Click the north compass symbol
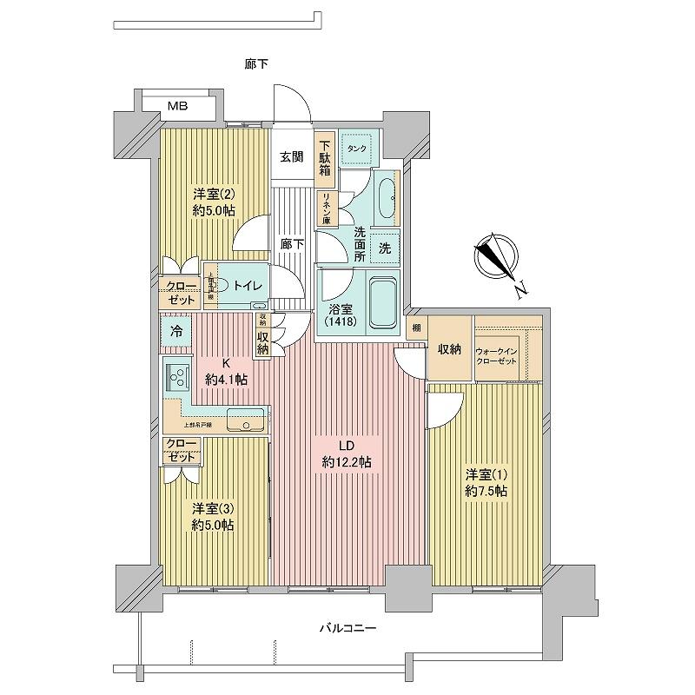coord(496,256)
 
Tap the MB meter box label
coord(177,107)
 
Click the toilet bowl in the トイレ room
coord(221,284)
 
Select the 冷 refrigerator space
coord(176,331)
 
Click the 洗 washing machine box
coord(384,248)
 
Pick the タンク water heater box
coord(357,149)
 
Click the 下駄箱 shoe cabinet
coord(324,159)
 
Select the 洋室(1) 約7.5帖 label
coord(486,483)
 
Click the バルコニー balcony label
coord(347,628)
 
